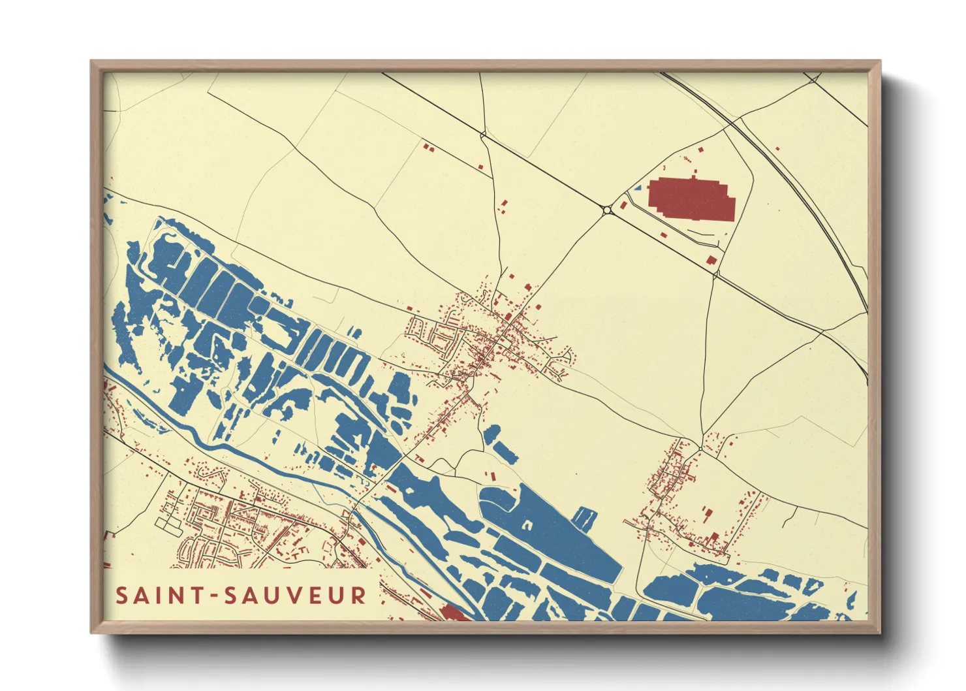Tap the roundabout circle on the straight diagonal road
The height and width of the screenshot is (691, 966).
608,210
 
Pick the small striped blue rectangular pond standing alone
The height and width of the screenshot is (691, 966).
585,519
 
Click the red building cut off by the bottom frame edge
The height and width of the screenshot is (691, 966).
454,614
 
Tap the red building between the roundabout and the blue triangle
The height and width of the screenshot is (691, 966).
623,205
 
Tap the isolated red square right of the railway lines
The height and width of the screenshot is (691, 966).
777,148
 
